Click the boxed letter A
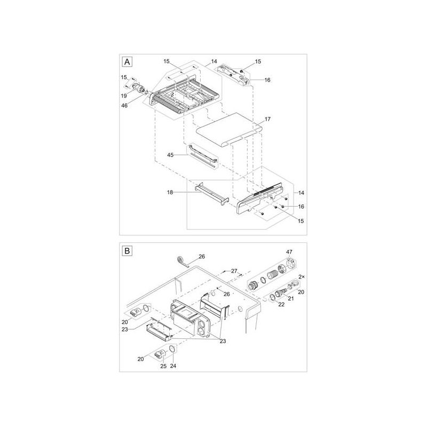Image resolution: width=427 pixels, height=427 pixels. tap(127, 62)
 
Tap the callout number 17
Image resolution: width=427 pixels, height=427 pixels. tap(267, 120)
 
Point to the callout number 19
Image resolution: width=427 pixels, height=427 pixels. tap(123, 95)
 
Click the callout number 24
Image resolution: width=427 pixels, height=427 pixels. tap(172, 366)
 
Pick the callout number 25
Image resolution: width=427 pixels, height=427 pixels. tap(164, 366)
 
